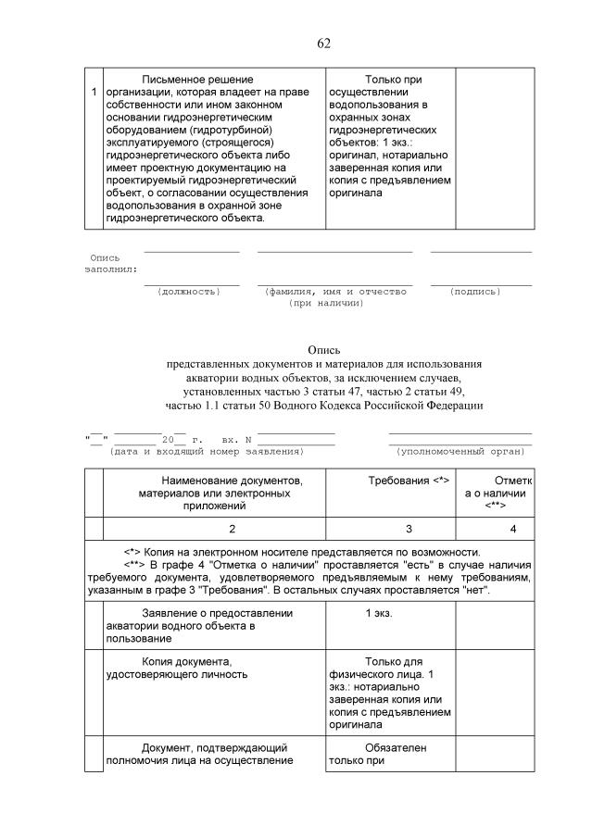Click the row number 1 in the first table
point(94,93)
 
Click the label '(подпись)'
point(475,292)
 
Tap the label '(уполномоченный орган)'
point(460,451)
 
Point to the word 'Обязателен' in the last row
point(396,747)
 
